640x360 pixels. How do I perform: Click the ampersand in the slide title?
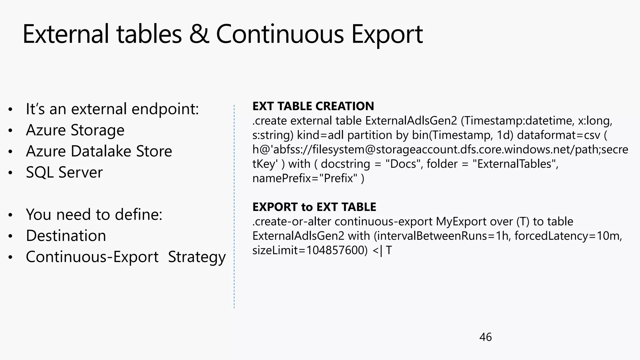point(199,34)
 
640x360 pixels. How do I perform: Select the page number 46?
point(485,337)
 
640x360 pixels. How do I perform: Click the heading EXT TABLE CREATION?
point(313,106)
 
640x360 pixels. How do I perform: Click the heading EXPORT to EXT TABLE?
point(314,207)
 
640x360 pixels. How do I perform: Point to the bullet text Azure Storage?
point(75,130)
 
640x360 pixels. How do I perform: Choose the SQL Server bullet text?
point(64,172)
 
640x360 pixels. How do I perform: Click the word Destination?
point(66,236)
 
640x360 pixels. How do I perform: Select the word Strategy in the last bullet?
point(197,257)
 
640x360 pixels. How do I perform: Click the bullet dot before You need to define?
point(11,215)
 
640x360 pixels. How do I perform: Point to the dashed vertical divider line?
point(234,206)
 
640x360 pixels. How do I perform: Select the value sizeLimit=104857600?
point(310,250)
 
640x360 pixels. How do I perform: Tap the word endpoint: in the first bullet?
point(165,109)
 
